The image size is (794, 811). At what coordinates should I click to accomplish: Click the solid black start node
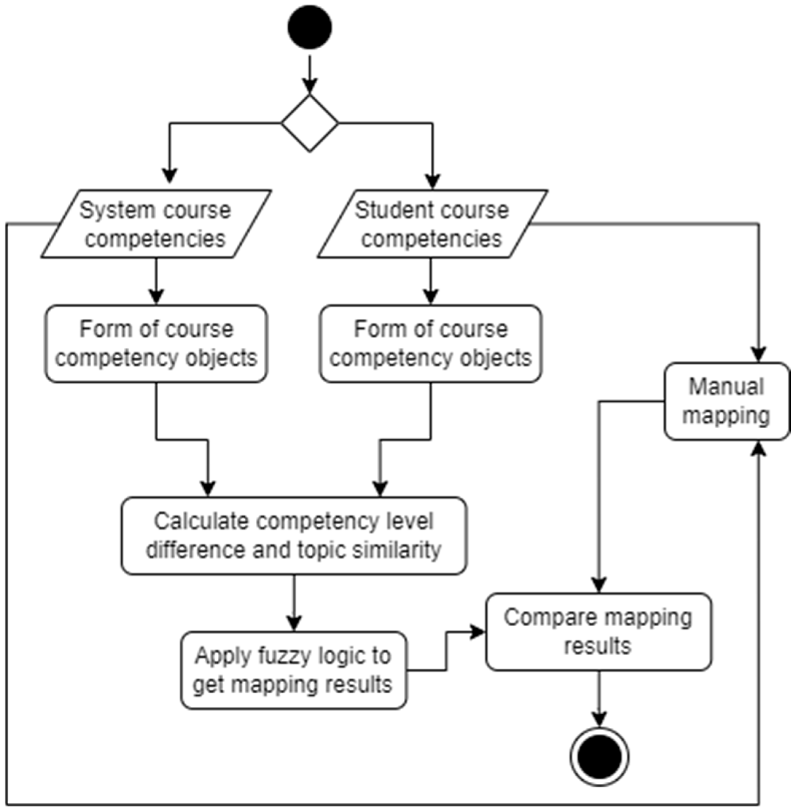[309, 27]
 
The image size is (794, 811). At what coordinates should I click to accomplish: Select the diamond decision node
[309, 123]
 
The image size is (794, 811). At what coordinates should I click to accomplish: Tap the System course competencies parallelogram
[156, 224]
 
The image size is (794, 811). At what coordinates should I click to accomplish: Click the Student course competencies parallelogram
[432, 224]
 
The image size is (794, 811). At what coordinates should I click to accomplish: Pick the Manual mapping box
[726, 401]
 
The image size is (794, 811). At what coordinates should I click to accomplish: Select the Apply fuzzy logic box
[294, 670]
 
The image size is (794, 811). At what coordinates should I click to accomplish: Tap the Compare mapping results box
[598, 632]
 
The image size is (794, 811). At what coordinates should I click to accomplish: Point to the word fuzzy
[285, 656]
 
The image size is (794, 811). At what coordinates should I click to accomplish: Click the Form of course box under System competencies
[156, 343]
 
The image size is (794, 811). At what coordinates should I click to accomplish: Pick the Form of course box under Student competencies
[431, 343]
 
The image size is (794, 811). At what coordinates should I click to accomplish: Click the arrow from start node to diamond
[309, 75]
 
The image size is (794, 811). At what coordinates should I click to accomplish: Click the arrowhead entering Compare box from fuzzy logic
[478, 632]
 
